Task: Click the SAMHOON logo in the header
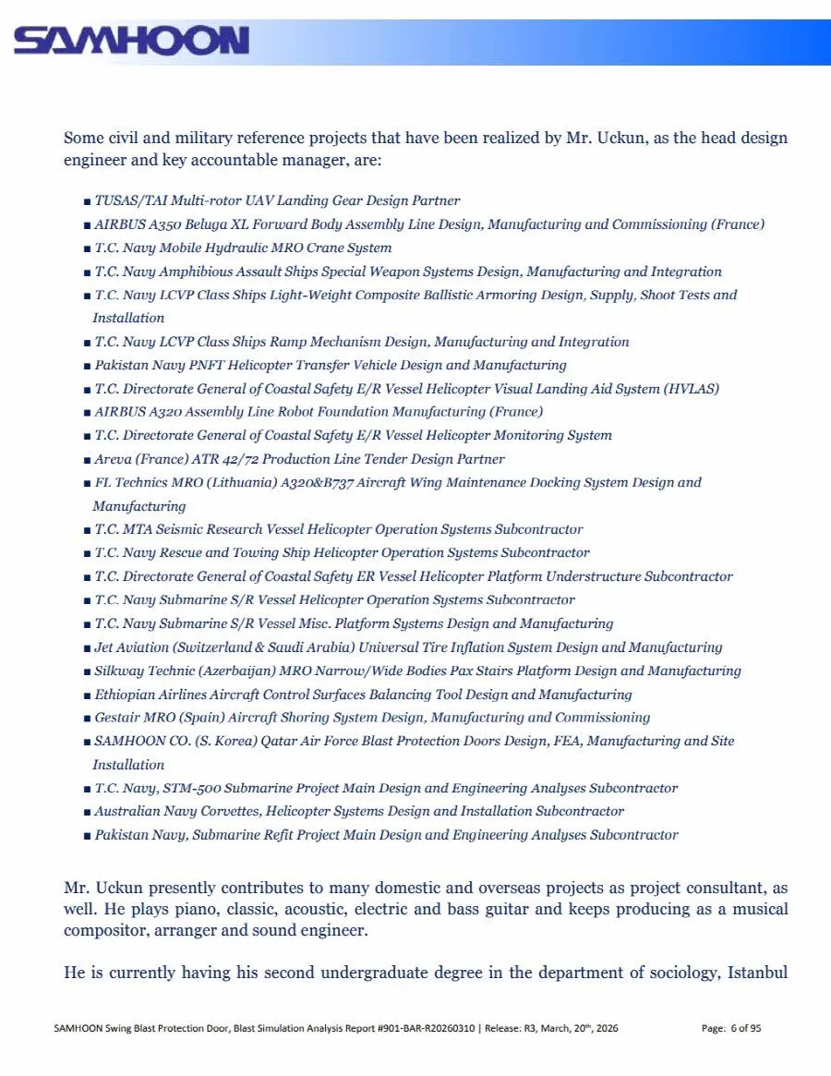pos(131,41)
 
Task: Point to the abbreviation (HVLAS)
pos(690,389)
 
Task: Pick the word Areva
pos(113,459)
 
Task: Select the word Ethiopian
pos(126,695)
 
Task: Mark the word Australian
pos(127,812)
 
